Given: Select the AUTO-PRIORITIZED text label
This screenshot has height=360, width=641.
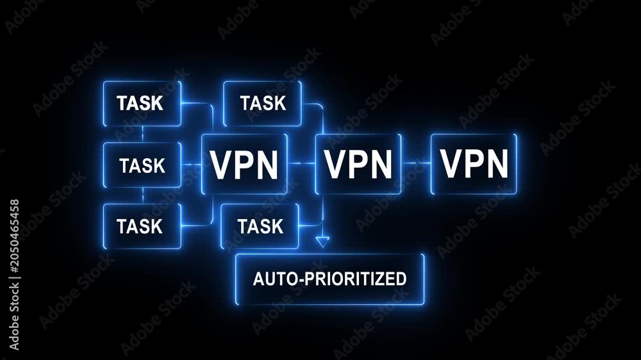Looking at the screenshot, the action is (330, 279).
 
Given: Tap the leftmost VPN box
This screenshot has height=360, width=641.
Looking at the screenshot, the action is (244, 164).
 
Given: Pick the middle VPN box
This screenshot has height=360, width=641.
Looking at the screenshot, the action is (358, 164).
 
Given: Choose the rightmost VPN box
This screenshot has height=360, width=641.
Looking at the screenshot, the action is (474, 164).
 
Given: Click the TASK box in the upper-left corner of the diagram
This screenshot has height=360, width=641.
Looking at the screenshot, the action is (142, 103).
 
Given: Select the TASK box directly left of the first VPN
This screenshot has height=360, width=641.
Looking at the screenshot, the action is (142, 165).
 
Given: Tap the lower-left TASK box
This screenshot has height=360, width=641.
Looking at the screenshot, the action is (142, 226).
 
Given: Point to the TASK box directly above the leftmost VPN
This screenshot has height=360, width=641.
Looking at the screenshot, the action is (262, 103).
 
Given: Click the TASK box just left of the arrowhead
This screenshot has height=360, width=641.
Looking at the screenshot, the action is (260, 226).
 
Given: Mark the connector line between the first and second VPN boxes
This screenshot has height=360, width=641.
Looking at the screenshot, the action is (301, 163).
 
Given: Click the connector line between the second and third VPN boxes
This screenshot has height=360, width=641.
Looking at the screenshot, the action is (416, 163).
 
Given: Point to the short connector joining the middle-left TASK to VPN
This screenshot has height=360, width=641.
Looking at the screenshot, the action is (191, 165).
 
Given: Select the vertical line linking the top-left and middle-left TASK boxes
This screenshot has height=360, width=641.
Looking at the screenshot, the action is (143, 134).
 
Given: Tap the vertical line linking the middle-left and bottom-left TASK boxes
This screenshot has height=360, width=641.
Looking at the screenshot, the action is (143, 195).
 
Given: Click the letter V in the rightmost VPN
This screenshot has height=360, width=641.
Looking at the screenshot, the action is (451, 163).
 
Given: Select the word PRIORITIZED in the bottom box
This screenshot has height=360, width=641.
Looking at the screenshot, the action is (356, 279).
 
